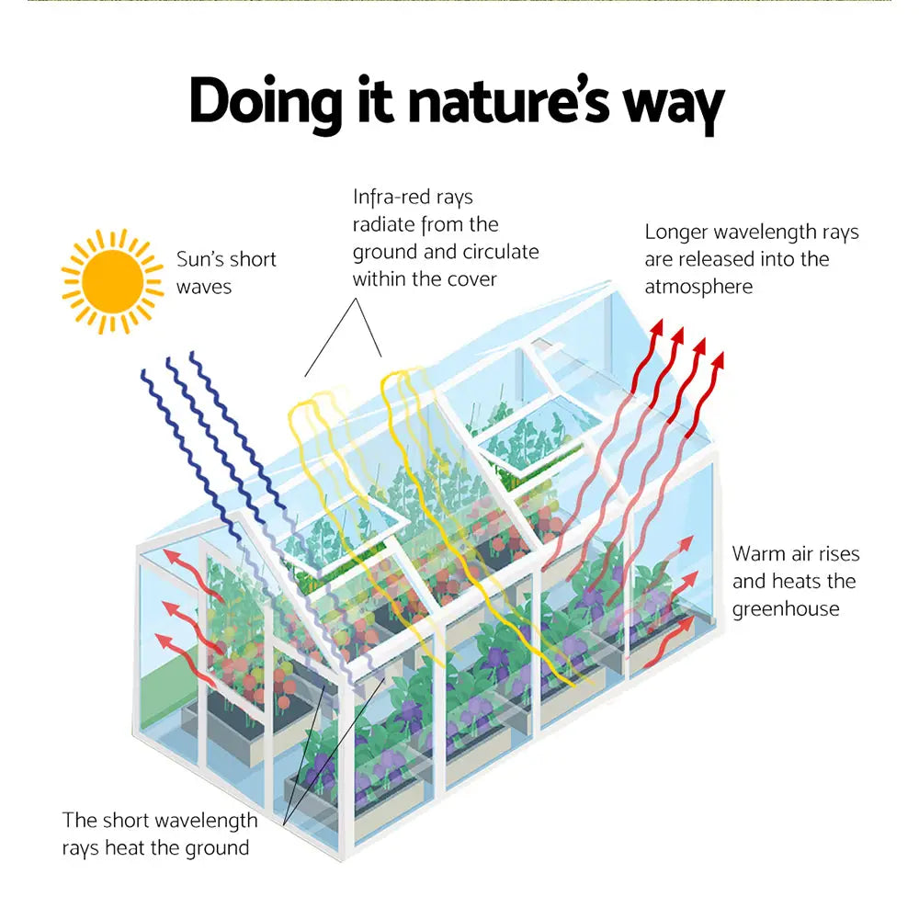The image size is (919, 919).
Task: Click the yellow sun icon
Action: [x=112, y=281]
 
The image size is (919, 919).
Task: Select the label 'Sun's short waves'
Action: [x=226, y=273]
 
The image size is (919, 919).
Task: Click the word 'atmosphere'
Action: [x=698, y=287]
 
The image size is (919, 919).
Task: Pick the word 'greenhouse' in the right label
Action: [x=786, y=609]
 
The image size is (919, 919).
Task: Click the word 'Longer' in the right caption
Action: [x=675, y=233]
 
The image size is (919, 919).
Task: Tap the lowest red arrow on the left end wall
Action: [x=188, y=658]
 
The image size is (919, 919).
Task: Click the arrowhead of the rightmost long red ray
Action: [x=718, y=360]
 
